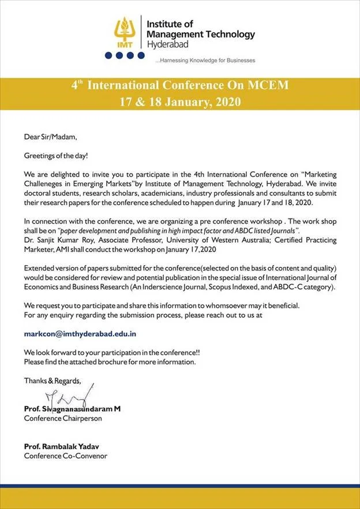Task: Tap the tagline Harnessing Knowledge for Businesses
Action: [x=205, y=60]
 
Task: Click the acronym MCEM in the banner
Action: [x=269, y=85]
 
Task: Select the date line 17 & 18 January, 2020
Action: [x=179, y=101]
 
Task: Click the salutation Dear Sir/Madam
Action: [x=50, y=137]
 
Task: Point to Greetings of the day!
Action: [x=57, y=156]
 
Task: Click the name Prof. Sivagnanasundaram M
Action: [x=72, y=409]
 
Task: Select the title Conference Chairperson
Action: [x=63, y=418]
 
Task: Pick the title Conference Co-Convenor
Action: [x=65, y=456]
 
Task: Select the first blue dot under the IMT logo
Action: [x=108, y=55]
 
